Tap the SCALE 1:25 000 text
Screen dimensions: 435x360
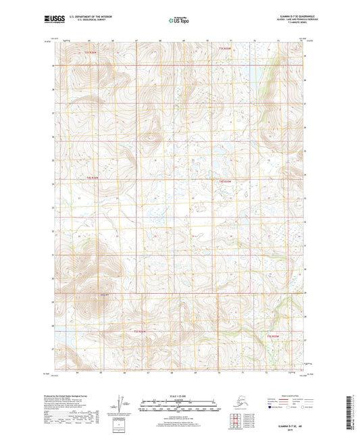tap(180, 396)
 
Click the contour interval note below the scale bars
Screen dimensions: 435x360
tap(180, 416)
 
